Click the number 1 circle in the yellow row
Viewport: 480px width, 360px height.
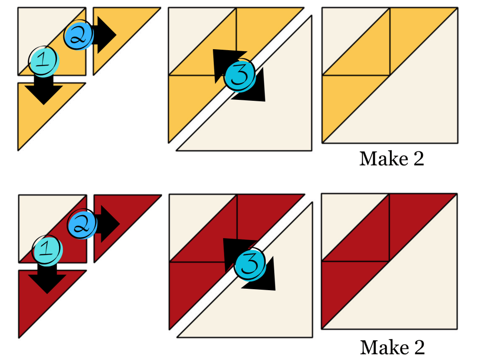click(44, 61)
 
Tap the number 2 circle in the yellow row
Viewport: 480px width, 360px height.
click(78, 35)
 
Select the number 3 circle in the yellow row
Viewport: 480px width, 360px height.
click(240, 75)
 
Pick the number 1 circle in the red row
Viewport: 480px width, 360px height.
click(47, 250)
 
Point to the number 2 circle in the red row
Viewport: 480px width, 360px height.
click(82, 224)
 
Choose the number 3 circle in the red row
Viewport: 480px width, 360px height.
click(250, 265)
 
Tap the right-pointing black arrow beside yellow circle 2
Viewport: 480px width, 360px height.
click(105, 35)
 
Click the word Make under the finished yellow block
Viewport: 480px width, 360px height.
click(384, 158)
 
